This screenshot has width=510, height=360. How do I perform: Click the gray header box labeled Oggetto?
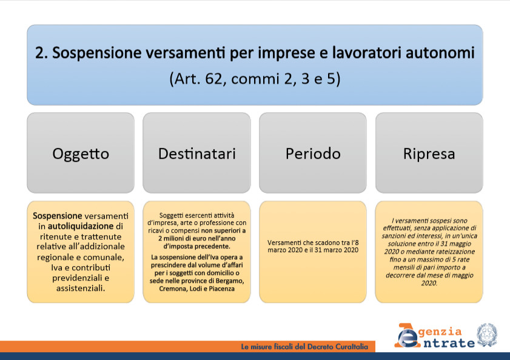(x=81, y=153)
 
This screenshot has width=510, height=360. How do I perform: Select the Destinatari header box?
(x=196, y=153)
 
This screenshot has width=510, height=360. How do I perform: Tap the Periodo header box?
(x=313, y=153)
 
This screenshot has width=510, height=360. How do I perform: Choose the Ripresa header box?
(x=429, y=153)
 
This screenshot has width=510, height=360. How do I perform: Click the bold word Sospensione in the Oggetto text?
(x=57, y=216)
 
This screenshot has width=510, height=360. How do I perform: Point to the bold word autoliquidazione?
(x=81, y=226)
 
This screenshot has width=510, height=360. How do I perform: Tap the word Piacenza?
(x=221, y=288)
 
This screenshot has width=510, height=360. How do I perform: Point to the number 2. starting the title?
(x=42, y=53)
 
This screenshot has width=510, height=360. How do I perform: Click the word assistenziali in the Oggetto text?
(x=81, y=288)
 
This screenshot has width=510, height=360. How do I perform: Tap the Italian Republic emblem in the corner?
(x=487, y=335)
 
